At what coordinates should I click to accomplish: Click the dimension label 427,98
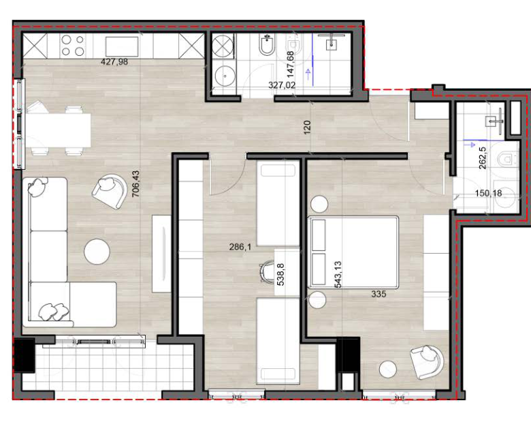click(114, 62)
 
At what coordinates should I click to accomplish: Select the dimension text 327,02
click(282, 85)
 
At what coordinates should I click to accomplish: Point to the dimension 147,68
click(291, 64)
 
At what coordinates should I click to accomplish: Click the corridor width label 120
click(307, 127)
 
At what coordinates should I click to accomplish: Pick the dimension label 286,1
click(240, 247)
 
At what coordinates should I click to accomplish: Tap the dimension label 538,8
click(280, 275)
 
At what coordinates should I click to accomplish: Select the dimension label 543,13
click(338, 275)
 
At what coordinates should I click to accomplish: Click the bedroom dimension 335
click(379, 294)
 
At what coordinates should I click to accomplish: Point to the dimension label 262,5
click(483, 157)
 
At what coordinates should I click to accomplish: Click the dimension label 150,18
click(488, 193)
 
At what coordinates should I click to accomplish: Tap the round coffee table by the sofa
click(97, 252)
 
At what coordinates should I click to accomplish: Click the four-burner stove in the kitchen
click(72, 46)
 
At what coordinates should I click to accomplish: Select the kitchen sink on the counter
click(122, 46)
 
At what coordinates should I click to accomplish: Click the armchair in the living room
click(109, 191)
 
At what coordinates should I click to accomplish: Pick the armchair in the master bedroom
click(427, 362)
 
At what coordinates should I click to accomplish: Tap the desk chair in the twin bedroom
click(267, 271)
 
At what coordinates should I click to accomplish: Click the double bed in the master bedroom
click(353, 252)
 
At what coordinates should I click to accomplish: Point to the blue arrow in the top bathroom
click(308, 74)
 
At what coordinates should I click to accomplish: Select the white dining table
click(59, 130)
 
